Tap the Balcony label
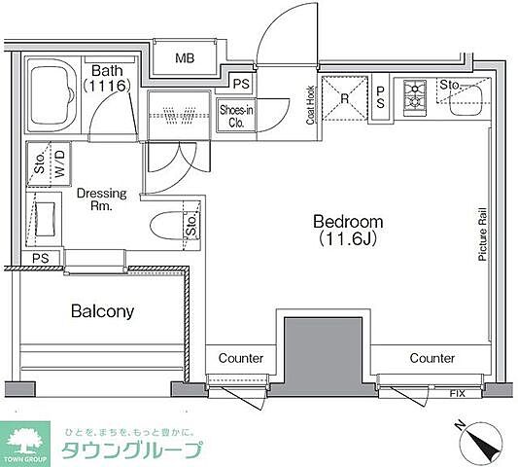pyautogui.click(x=101, y=312)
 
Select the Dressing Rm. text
pyautogui.click(x=101, y=199)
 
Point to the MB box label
pyautogui.click(x=185, y=59)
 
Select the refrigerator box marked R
pyautogui.click(x=344, y=97)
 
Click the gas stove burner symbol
pyautogui.click(x=417, y=95)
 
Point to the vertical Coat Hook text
pyautogui.click(x=310, y=104)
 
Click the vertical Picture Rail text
pyautogui.click(x=481, y=233)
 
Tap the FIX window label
pyautogui.click(x=456, y=393)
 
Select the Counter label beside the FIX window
pyautogui.click(x=432, y=358)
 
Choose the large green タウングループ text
pyautogui.click(x=131, y=450)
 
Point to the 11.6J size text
pyautogui.click(x=347, y=237)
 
